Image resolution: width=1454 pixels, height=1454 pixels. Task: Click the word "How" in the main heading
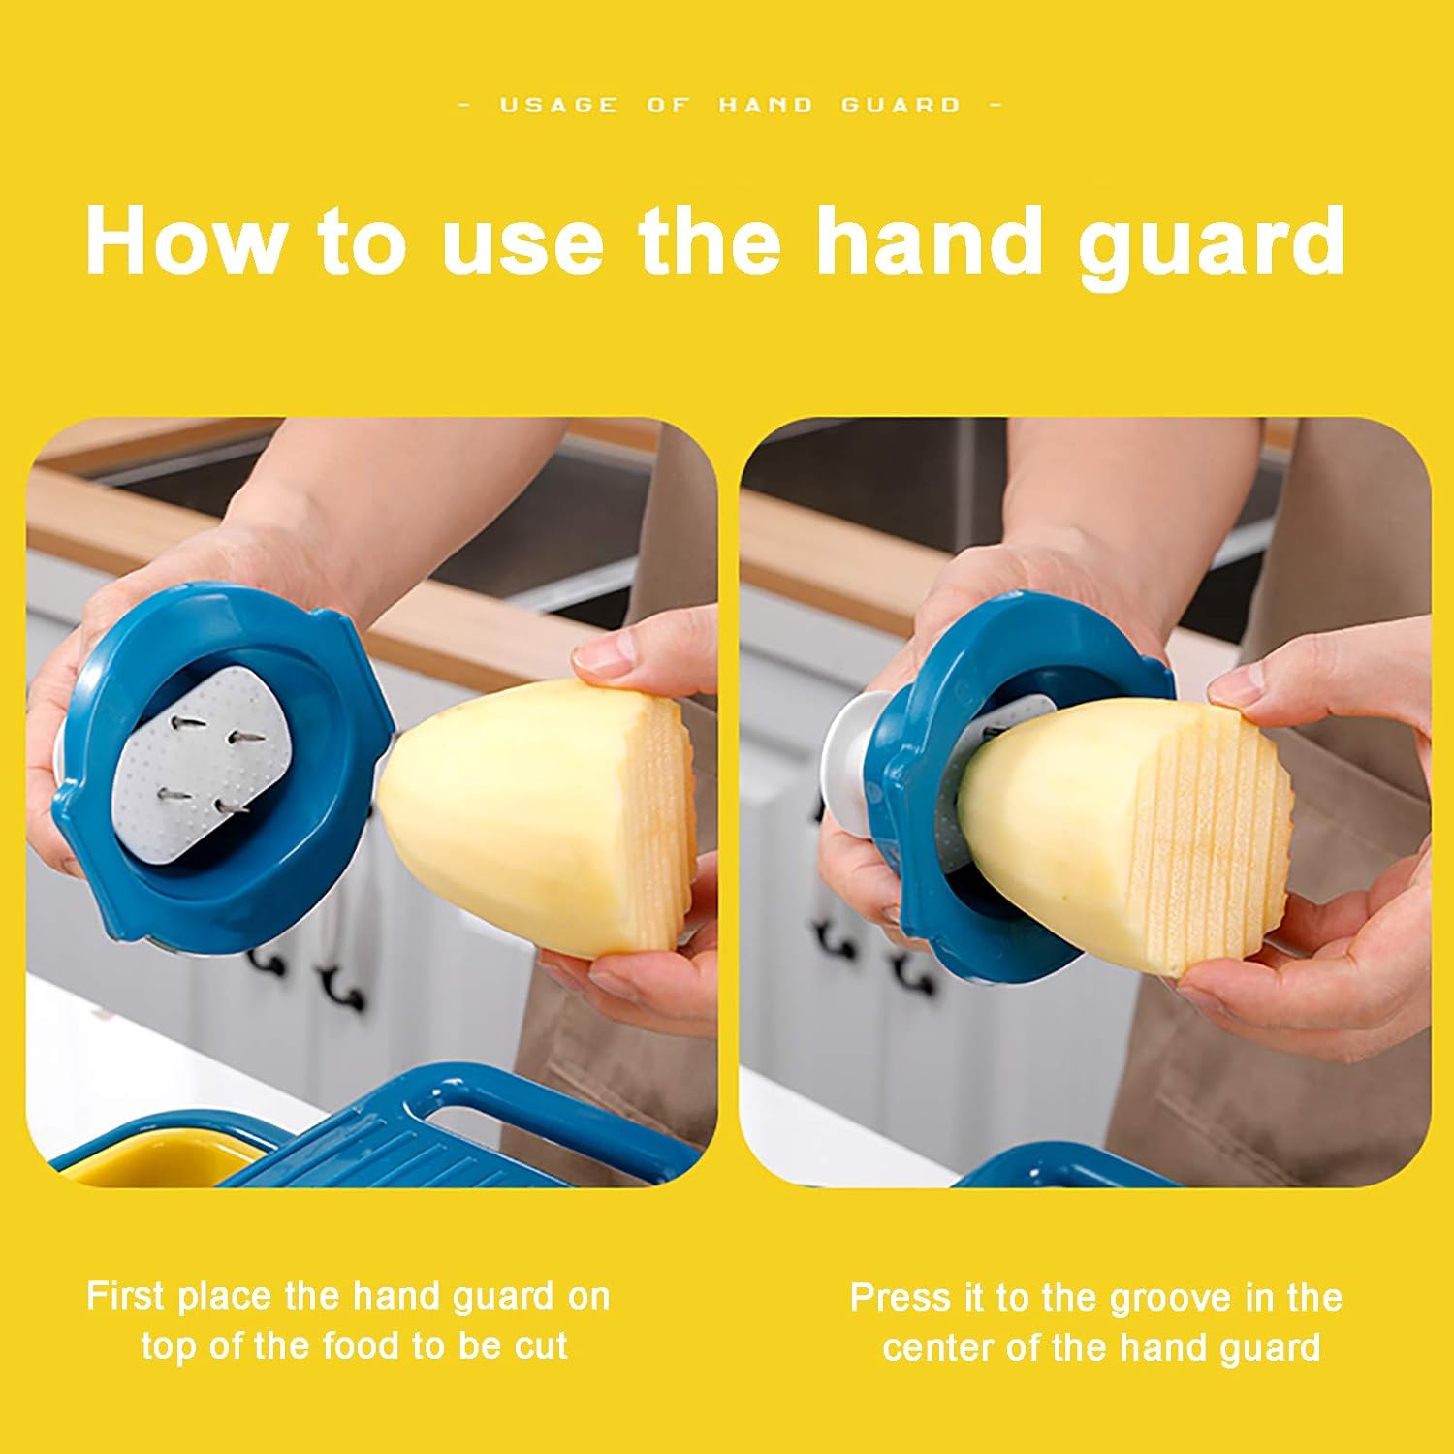click(x=184, y=241)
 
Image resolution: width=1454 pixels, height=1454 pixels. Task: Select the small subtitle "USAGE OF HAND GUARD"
click(x=730, y=105)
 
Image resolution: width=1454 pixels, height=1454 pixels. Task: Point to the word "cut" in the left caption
click(x=535, y=1345)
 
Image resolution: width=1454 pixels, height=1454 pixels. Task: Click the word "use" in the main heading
click(x=524, y=241)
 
